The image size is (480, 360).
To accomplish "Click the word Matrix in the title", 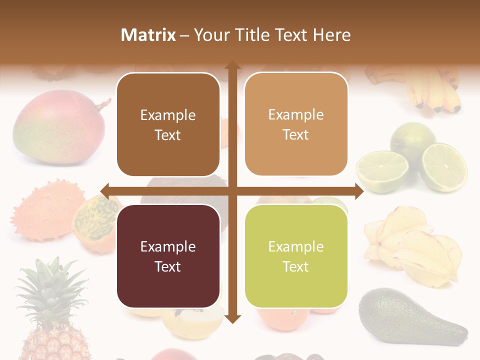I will point(148,35).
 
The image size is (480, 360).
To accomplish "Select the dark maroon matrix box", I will point(168,256).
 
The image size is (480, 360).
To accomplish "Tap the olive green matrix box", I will point(296,256).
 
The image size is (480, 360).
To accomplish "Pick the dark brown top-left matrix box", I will point(168,125).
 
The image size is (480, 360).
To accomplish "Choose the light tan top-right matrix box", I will point(296,124).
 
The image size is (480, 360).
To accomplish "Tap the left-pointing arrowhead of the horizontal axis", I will point(105,190).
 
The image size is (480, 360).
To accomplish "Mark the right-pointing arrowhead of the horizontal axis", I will point(358,190).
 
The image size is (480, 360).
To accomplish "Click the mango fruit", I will point(58,128).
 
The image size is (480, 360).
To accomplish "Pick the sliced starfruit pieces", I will point(415,247).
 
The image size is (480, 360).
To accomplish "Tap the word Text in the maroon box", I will point(168,266).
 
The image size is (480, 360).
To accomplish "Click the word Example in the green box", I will point(296,246).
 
